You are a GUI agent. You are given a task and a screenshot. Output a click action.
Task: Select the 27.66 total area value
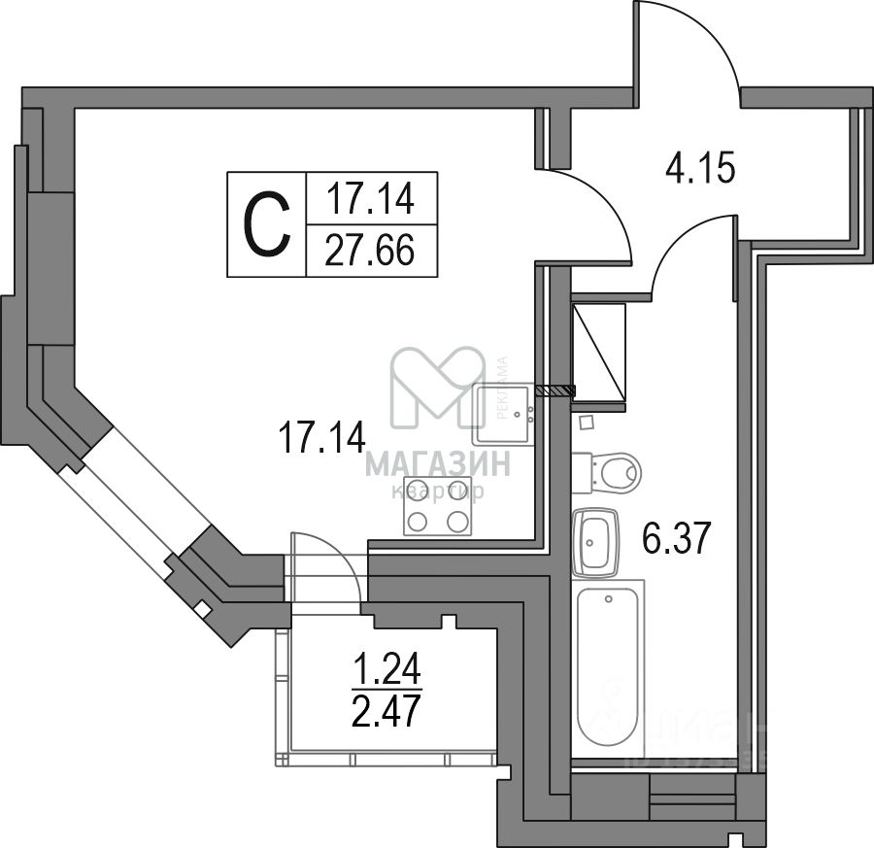click(370, 251)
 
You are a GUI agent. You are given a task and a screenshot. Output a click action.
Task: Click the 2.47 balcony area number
click(386, 713)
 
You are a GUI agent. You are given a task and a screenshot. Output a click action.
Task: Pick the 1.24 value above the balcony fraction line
click(386, 670)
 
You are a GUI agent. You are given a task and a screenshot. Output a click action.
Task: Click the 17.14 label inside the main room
click(321, 436)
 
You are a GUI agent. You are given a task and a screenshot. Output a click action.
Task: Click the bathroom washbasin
click(595, 542)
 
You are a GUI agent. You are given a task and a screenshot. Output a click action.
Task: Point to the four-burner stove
click(436, 506)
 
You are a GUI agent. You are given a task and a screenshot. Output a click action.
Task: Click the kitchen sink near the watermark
click(503, 413)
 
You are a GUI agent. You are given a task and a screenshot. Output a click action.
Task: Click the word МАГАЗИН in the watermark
click(437, 464)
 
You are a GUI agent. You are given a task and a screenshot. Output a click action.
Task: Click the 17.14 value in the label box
click(370, 199)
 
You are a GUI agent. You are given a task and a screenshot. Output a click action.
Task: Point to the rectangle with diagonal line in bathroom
click(598, 351)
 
